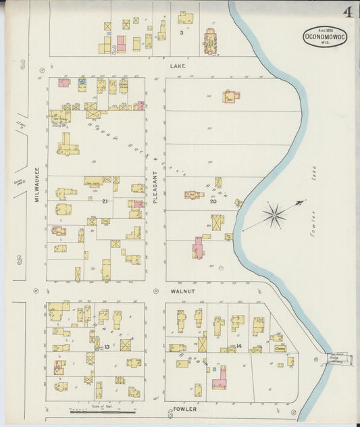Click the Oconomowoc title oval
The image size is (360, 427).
point(325,35)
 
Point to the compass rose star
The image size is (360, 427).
point(274,216)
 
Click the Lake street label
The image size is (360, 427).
point(177,66)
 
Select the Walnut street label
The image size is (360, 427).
point(182,291)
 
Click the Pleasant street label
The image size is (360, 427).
point(155,183)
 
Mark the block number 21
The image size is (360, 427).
point(105,201)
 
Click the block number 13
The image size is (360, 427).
point(107,347)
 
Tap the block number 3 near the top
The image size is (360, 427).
point(181,32)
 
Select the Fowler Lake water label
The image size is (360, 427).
point(313,190)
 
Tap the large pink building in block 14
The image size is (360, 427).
point(220,379)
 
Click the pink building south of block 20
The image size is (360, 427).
point(197,248)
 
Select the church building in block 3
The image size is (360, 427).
point(208,43)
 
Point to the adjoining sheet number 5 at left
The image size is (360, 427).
point(20,258)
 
